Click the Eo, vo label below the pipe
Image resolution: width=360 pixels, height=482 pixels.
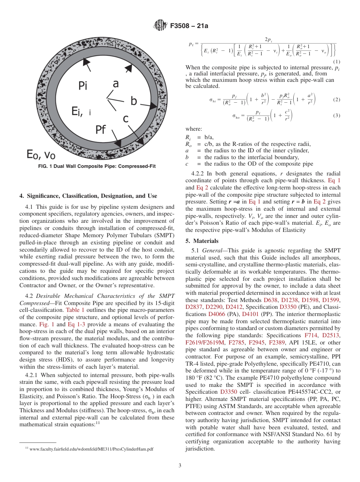click(x=41, y=154)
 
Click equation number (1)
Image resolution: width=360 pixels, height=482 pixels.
click(x=336, y=62)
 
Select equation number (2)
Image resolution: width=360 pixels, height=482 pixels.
click(x=336, y=100)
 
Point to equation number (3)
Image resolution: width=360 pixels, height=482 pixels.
click(x=336, y=116)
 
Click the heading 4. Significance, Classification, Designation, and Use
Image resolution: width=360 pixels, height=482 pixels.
click(x=88, y=196)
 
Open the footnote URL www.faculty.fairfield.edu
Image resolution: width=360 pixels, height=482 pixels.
click(x=91, y=449)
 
